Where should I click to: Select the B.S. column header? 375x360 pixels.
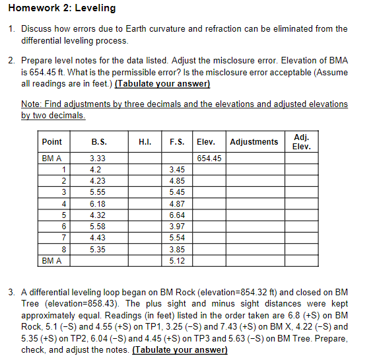(98, 142)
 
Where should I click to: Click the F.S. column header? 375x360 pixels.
(177, 142)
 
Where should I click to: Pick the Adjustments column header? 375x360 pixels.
(254, 142)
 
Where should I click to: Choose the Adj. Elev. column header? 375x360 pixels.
(301, 141)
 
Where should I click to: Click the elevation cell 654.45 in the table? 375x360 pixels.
(209, 159)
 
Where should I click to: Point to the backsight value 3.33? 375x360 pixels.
(97, 159)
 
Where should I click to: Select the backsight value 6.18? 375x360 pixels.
(97, 204)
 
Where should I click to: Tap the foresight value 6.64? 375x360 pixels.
(177, 215)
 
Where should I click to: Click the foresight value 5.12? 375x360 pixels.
(177, 261)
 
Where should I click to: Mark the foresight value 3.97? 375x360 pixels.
(177, 227)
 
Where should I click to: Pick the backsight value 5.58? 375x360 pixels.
(97, 227)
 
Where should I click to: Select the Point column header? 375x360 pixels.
(51, 142)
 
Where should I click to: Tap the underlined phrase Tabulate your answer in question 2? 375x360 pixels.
(162, 84)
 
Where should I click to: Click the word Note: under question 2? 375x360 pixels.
(31, 104)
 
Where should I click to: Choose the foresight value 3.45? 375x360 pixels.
(177, 170)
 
